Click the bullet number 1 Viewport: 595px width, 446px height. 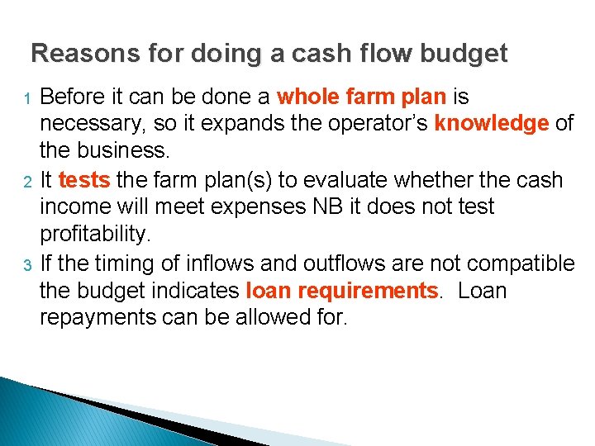click(26, 99)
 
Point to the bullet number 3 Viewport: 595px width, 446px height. click(26, 265)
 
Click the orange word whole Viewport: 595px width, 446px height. click(308, 97)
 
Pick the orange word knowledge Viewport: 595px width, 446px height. click(492, 125)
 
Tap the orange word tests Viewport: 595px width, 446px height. click(84, 180)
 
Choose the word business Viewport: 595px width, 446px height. click(126, 152)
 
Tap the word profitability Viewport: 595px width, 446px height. click(96, 235)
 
